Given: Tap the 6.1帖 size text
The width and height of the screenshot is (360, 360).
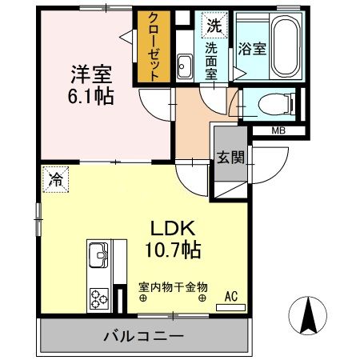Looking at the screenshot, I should (89, 97).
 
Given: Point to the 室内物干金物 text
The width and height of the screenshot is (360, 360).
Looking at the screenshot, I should (173, 286).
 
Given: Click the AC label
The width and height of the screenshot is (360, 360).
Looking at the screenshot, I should (230, 296).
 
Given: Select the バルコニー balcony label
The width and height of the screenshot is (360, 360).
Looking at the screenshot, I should (143, 335).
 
